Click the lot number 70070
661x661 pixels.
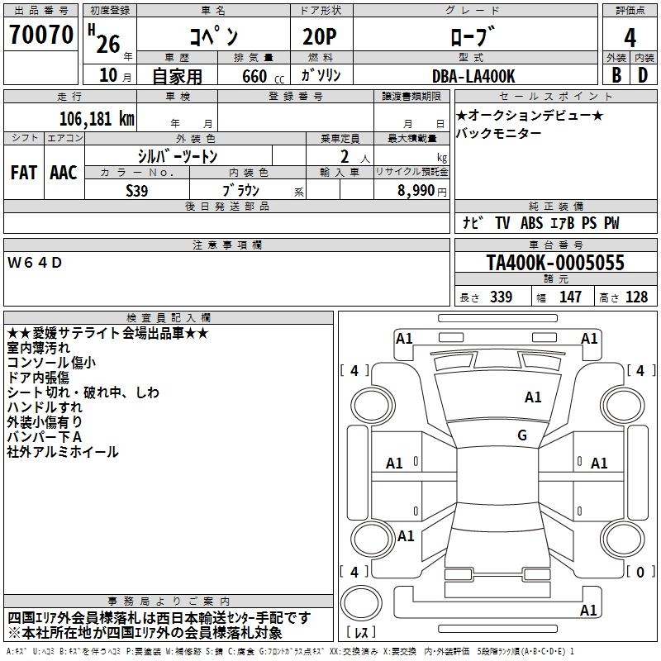41,37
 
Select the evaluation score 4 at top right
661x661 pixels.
630,38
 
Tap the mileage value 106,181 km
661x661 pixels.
97,118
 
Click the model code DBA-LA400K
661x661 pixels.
473,76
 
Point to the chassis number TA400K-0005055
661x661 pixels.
555,263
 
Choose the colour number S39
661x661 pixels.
137,190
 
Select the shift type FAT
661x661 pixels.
24,172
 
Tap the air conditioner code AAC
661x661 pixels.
64,172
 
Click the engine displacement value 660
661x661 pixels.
254,76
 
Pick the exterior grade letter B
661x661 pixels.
616,75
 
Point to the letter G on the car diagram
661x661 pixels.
522,435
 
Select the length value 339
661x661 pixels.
501,297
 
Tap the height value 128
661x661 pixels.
636,297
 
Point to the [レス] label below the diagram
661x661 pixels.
362,633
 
